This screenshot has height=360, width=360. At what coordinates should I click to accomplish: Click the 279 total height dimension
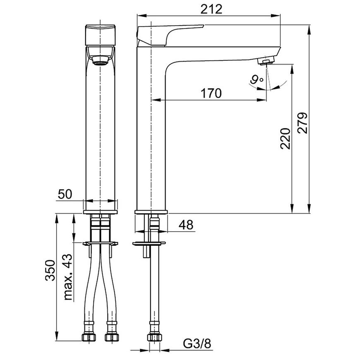coord(302,122)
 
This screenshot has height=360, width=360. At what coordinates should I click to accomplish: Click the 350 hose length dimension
coord(49,270)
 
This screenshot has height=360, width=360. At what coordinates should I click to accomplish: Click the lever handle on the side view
coord(170,33)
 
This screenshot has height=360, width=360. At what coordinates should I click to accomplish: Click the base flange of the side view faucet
coord(151,213)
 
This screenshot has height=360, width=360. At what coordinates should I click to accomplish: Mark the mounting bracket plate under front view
coord(101,242)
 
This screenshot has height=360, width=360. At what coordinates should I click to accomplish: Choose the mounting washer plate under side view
coord(149,243)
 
